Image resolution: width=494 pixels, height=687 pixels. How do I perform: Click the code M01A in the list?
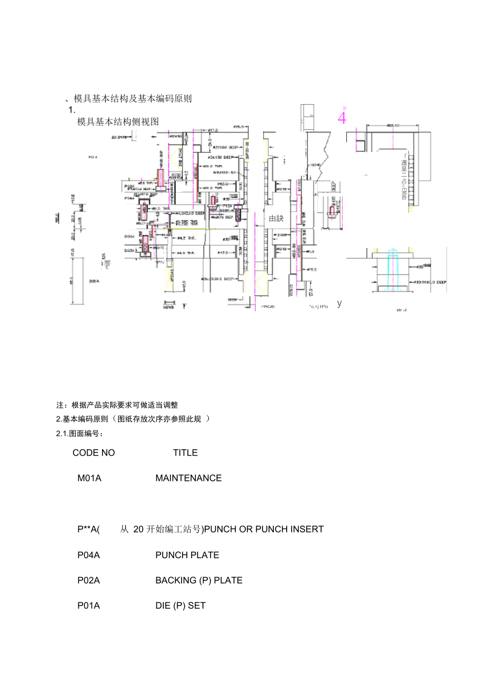[x=89, y=478]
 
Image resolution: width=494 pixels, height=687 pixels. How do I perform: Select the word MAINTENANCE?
[x=188, y=478]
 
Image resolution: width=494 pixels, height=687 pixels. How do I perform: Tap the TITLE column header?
[x=185, y=453]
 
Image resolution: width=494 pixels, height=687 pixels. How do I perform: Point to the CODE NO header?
[x=93, y=453]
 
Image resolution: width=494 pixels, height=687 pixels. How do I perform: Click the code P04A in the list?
[x=89, y=555]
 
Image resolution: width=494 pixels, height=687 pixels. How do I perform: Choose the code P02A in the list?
[x=89, y=580]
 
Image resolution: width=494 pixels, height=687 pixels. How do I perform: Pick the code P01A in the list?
[x=89, y=606]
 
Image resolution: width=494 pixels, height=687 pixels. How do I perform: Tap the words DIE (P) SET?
[x=180, y=606]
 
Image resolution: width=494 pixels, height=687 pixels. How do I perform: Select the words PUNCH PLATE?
[x=187, y=555]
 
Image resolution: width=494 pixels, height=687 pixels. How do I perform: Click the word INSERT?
[x=307, y=529]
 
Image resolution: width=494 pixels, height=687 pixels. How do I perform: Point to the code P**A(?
[x=89, y=529]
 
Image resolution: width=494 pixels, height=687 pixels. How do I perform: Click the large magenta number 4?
[x=342, y=118]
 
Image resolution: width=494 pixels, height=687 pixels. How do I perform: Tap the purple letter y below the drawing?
[x=339, y=303]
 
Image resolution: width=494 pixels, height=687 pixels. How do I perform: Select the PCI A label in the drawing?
[x=93, y=157]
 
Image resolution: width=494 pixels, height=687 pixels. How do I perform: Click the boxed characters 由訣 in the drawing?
[x=276, y=219]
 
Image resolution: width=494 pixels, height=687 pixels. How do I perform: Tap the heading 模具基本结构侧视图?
[x=118, y=122]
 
